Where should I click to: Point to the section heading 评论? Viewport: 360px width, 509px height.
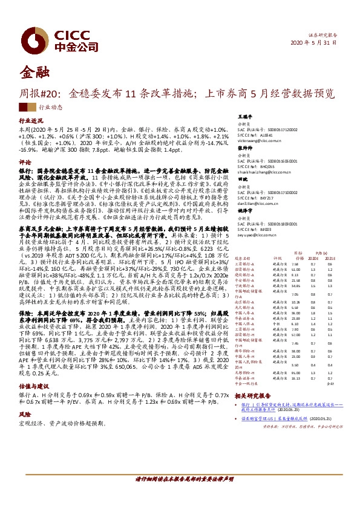24,163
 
